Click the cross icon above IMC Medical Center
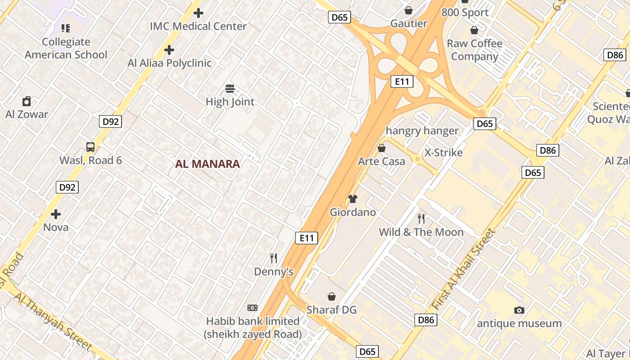tap(198, 13)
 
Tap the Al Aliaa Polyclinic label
tap(169, 63)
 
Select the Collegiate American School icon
tap(66, 29)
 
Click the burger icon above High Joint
tap(230, 89)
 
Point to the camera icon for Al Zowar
tap(27, 101)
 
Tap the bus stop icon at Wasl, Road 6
tap(90, 147)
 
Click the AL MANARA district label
tap(207, 164)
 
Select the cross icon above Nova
tap(56, 214)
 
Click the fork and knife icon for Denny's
tap(274, 258)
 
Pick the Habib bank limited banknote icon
tap(252, 308)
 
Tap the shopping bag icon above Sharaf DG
tap(332, 297)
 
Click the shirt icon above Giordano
tap(353, 199)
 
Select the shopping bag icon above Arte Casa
tap(382, 148)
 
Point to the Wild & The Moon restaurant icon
tap(421, 219)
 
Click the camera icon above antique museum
tap(519, 310)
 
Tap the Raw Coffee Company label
tap(474, 50)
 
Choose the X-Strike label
tap(444, 153)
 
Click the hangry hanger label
tap(422, 131)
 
